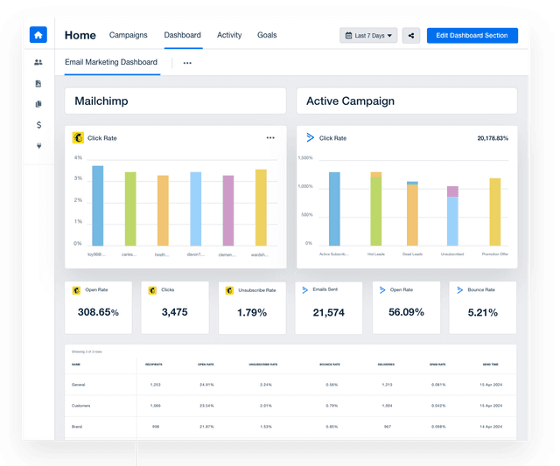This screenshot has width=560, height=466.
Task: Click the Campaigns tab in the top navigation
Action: click(128, 35)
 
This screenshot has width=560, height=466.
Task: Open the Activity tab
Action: click(229, 35)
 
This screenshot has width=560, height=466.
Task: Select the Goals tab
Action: click(267, 35)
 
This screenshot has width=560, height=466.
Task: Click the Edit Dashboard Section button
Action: click(472, 36)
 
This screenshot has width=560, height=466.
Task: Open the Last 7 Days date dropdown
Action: click(368, 36)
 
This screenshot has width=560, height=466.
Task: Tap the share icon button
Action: click(411, 36)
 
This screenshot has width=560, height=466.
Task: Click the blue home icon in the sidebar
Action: click(38, 35)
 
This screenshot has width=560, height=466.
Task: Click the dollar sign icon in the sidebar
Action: click(38, 125)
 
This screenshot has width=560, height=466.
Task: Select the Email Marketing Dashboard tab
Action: click(111, 63)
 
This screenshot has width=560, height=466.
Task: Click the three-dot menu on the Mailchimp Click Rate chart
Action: click(270, 138)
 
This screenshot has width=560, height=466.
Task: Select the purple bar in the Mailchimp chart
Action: click(227, 210)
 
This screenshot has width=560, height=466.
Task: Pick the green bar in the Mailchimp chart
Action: click(130, 208)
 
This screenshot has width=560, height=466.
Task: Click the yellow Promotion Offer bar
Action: click(495, 212)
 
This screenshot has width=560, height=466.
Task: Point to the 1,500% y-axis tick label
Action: click(305, 158)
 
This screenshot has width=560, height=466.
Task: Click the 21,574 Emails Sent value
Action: click(328, 312)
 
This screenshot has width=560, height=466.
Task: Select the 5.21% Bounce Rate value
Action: click(482, 312)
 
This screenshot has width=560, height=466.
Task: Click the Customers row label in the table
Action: click(80, 406)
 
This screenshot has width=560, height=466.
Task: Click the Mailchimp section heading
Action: click(101, 101)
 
